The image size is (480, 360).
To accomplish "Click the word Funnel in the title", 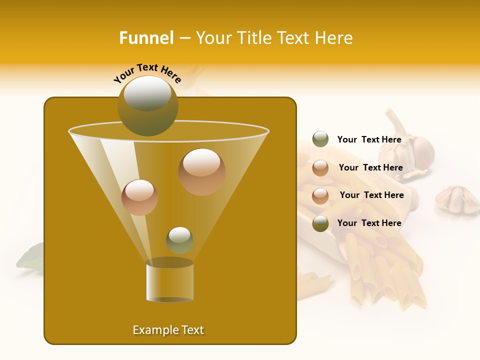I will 146,38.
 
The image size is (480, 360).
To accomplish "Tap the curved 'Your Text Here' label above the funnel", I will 147,73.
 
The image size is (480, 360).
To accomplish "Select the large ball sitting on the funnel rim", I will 147,105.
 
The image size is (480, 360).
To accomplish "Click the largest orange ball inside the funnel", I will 202,171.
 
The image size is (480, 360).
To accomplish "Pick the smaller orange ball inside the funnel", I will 139,197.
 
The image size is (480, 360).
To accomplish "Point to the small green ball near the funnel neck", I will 179,240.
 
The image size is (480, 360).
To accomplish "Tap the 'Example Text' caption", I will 168,330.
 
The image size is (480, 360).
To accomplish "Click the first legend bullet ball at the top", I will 320,139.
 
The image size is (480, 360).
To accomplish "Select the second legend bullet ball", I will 320,168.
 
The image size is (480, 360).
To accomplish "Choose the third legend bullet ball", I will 320,195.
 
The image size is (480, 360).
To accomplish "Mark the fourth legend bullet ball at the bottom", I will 320,223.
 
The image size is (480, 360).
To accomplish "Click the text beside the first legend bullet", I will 369,139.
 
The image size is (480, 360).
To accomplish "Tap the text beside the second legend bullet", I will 370,167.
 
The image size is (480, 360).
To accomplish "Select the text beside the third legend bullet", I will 371,195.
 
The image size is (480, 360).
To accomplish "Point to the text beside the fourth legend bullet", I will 369,223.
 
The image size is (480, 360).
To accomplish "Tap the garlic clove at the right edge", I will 456,199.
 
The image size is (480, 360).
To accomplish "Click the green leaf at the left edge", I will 31,256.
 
